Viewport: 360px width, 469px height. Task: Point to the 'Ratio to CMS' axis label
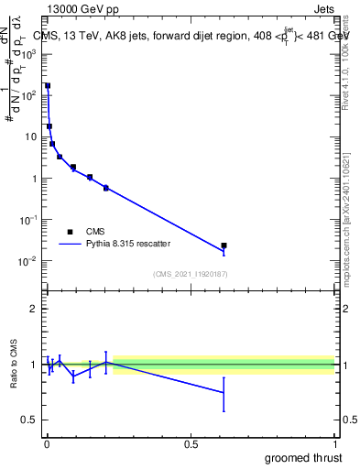[14, 364]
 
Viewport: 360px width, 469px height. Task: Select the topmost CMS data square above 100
[48, 86]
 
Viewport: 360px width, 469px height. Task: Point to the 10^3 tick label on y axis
[29, 54]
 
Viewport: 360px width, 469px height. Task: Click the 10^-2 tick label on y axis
[29, 261]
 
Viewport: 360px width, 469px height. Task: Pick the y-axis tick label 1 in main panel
[35, 179]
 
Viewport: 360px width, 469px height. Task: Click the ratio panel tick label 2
[34, 309]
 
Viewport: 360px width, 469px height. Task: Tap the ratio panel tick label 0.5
[29, 420]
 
